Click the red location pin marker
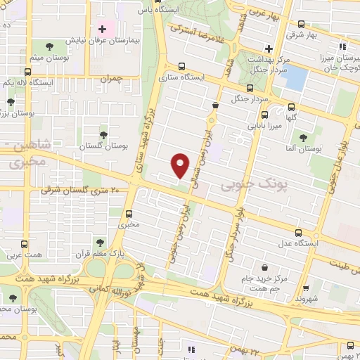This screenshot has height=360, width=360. click(181, 165)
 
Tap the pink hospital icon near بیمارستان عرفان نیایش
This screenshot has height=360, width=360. click(103, 30)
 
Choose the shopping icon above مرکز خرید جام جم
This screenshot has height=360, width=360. click(264, 269)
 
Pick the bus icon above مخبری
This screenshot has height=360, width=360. click(129, 214)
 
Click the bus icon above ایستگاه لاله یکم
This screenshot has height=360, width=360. click(28, 72)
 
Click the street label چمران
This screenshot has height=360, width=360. click(110, 80)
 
